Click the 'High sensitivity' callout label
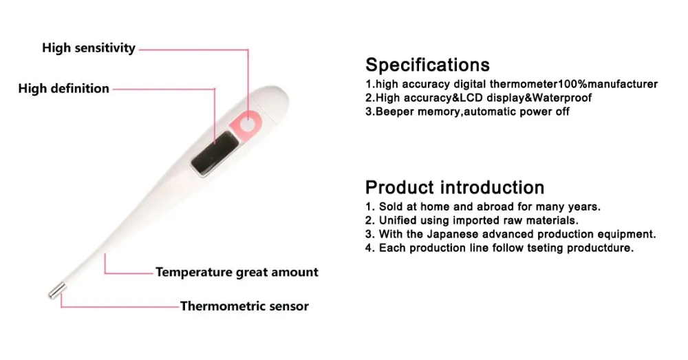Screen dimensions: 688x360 point(89,48)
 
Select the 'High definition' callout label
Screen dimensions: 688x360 point(63,89)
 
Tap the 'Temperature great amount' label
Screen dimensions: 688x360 point(237,272)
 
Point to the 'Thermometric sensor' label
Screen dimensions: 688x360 point(244,306)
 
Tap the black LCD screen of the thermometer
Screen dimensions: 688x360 point(215,153)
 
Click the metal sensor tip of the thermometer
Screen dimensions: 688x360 point(57,291)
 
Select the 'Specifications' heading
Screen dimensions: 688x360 point(427,65)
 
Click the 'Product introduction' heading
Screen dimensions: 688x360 point(455,187)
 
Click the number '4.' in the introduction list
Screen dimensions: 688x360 point(370,248)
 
